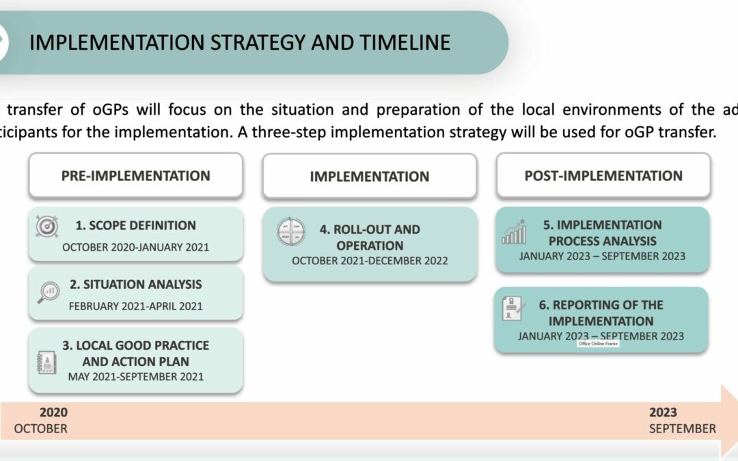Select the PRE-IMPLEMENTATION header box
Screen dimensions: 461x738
coord(135,176)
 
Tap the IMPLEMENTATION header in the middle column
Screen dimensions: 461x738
coord(369,176)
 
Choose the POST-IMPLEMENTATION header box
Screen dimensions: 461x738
coord(603,176)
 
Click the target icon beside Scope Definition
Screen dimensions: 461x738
coord(47,227)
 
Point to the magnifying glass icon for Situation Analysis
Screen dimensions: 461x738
coord(47,292)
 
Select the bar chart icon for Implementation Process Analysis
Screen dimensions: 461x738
coord(514,232)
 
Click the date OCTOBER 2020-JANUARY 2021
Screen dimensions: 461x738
coord(135,247)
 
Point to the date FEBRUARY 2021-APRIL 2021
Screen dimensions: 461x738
coord(135,306)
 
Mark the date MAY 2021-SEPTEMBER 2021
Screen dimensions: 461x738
coord(135,376)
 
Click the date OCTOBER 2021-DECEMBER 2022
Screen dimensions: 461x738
coord(369,261)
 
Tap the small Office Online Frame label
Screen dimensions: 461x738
coord(598,344)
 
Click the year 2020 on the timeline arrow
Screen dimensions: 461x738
coord(53,412)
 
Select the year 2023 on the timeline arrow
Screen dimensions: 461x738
coord(663,412)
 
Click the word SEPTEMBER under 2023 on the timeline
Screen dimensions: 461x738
coord(682,429)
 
